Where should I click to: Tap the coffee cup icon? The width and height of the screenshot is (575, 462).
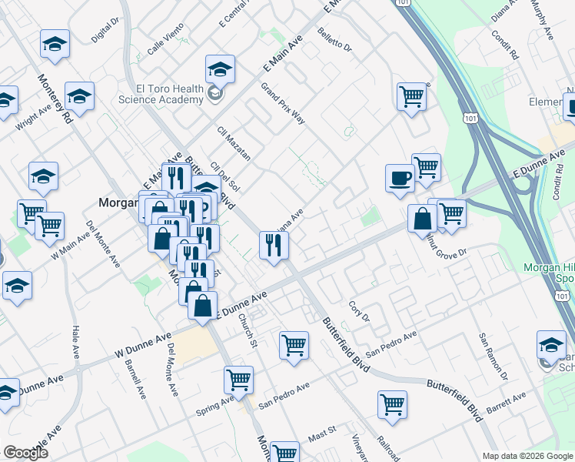pyautogui.click(x=400, y=178)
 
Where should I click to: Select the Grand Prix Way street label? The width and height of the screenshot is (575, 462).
pyautogui.click(x=283, y=104)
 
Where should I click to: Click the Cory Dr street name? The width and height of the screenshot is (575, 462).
pyautogui.click(x=359, y=312)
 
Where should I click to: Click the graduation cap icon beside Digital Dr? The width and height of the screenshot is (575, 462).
pyautogui.click(x=55, y=45)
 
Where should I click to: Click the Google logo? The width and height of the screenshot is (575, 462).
pyautogui.click(x=25, y=453)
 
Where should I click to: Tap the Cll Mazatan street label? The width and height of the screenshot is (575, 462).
pyautogui.click(x=234, y=143)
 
